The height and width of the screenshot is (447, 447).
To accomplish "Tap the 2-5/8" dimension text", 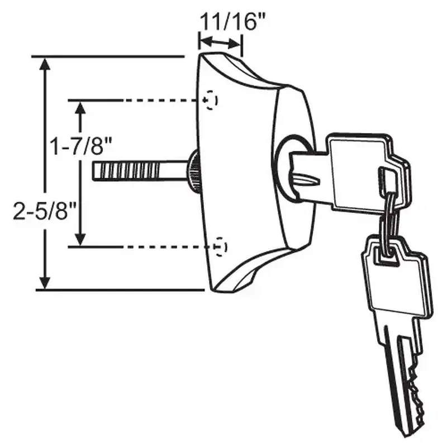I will pyautogui.click(x=44, y=212).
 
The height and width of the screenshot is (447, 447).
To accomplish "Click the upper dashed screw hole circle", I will pyautogui.click(x=211, y=100).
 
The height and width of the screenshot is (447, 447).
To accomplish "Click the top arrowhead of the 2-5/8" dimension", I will pyautogui.click(x=46, y=63).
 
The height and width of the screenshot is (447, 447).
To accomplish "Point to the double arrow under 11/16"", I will pyautogui.click(x=221, y=42).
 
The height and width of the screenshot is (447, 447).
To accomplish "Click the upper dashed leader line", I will pyautogui.click(x=162, y=100).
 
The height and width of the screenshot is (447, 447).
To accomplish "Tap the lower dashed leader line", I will pyautogui.click(x=162, y=246).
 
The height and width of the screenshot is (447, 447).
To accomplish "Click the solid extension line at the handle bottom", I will pyautogui.click(x=120, y=290).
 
